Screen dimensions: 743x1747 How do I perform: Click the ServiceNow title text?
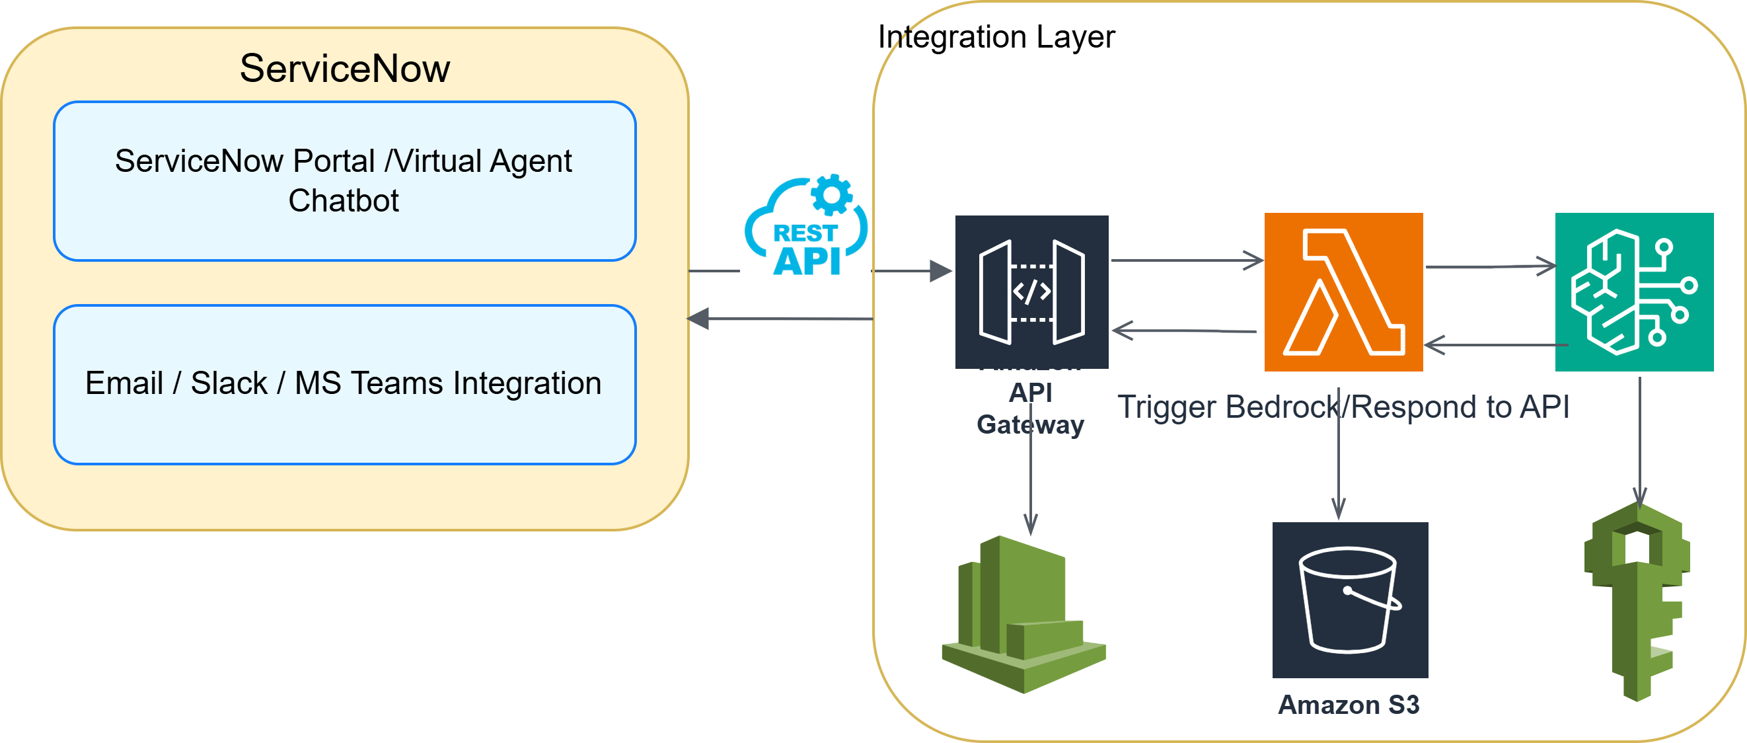click(x=344, y=69)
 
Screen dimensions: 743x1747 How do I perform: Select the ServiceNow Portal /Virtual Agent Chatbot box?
click(x=344, y=181)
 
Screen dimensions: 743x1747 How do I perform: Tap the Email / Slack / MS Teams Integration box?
click(x=344, y=384)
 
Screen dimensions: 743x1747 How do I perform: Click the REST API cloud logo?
click(x=805, y=225)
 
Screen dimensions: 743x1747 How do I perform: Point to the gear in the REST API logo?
click(x=832, y=195)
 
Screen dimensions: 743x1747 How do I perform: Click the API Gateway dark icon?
click(x=1031, y=292)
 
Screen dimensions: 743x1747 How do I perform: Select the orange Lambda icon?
click(x=1343, y=292)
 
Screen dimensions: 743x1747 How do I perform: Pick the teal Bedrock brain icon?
click(x=1634, y=292)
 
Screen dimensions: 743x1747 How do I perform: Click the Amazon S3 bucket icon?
click(x=1350, y=600)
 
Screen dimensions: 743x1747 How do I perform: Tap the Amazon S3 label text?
click(x=1349, y=705)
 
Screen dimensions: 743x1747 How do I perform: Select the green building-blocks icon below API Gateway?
click(x=1023, y=614)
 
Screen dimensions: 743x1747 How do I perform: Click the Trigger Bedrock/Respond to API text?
click(x=1343, y=407)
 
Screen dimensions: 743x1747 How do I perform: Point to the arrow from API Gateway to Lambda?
click(x=1187, y=260)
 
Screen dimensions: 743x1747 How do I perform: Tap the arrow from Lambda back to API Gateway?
click(x=1184, y=331)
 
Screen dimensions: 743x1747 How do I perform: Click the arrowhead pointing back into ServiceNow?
click(x=699, y=318)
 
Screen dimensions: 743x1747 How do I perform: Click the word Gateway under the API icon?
click(x=1030, y=425)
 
